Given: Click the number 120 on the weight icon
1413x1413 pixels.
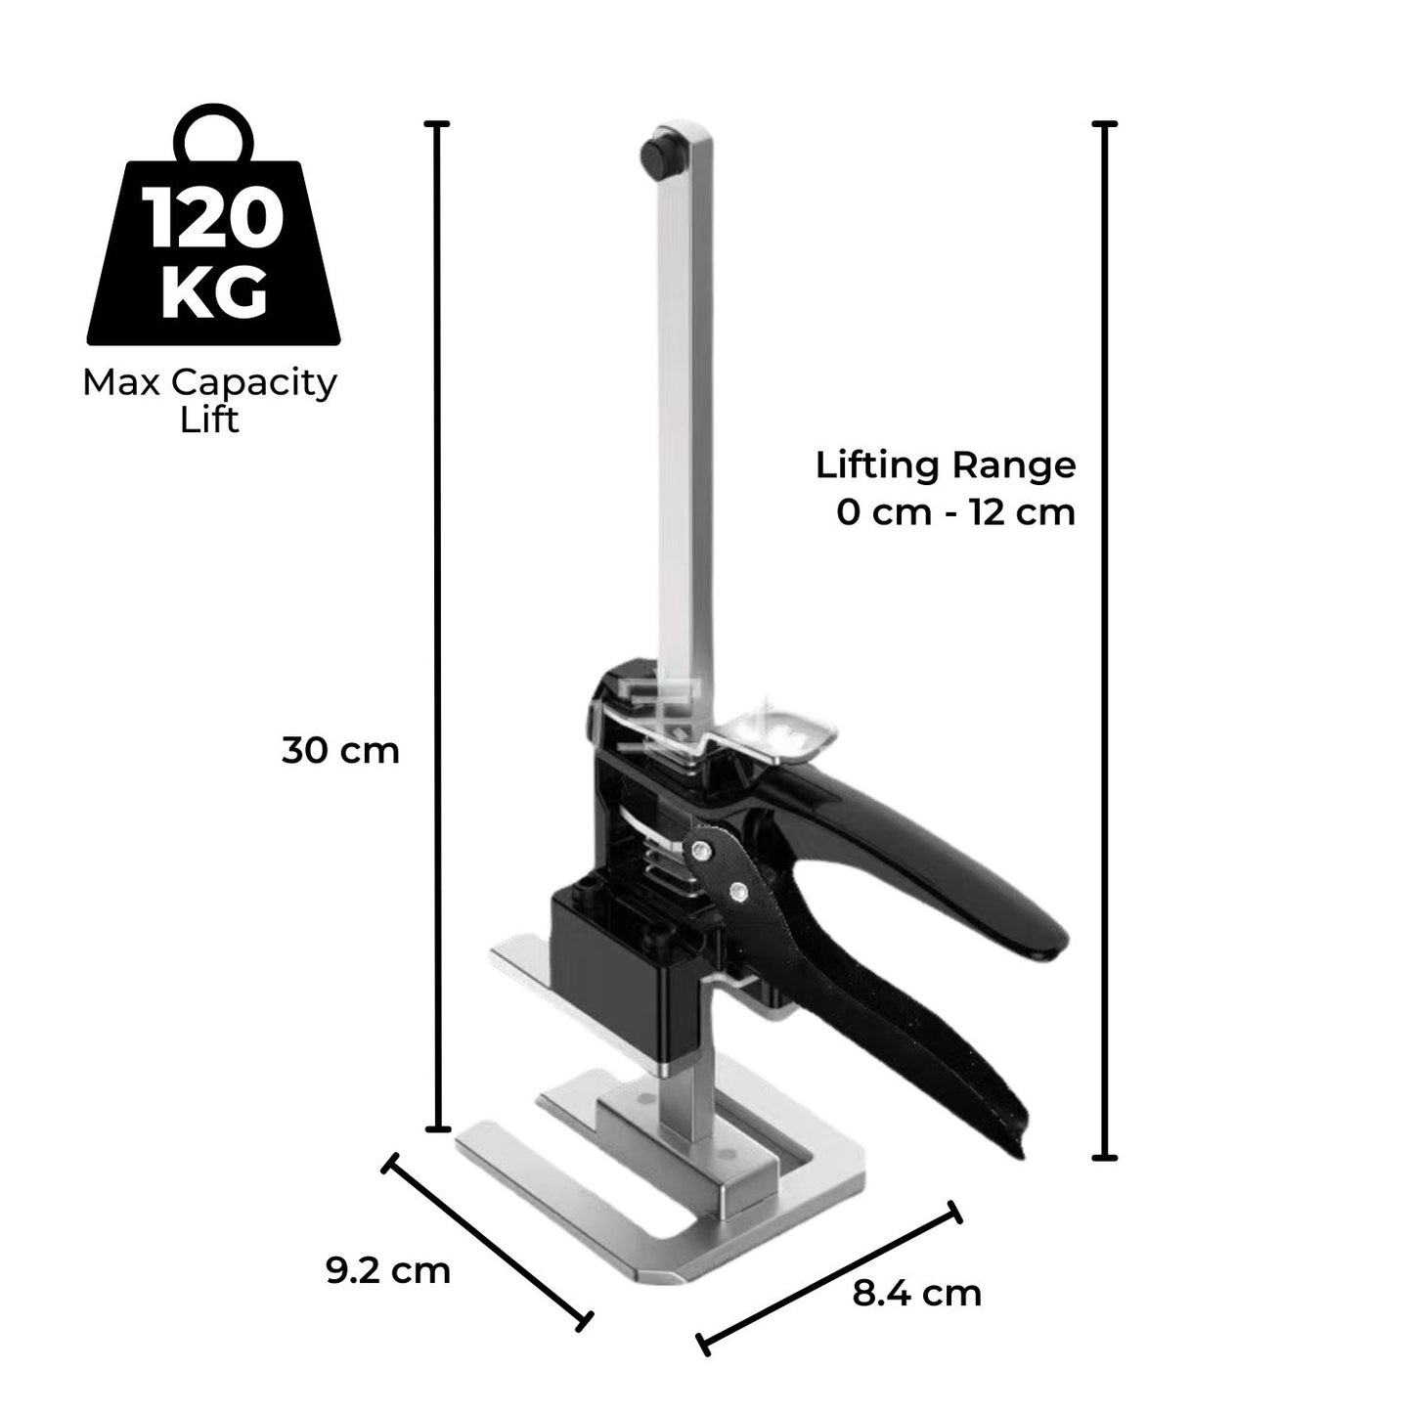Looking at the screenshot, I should tap(214, 220).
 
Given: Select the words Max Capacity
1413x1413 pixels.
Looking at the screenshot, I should tap(209, 382).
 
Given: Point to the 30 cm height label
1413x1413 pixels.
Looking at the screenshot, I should tap(340, 751).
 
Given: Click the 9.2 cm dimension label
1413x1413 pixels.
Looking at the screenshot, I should tap(387, 1271).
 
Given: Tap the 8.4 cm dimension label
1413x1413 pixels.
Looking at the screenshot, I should tap(916, 1294).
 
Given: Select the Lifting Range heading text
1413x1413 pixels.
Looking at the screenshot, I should tap(946, 464).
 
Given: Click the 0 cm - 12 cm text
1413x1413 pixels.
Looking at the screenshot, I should tap(955, 511).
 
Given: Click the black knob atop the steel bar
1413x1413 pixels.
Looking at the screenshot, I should tap(658, 154).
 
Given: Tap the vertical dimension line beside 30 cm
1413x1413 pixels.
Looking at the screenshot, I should tap(439, 626).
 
